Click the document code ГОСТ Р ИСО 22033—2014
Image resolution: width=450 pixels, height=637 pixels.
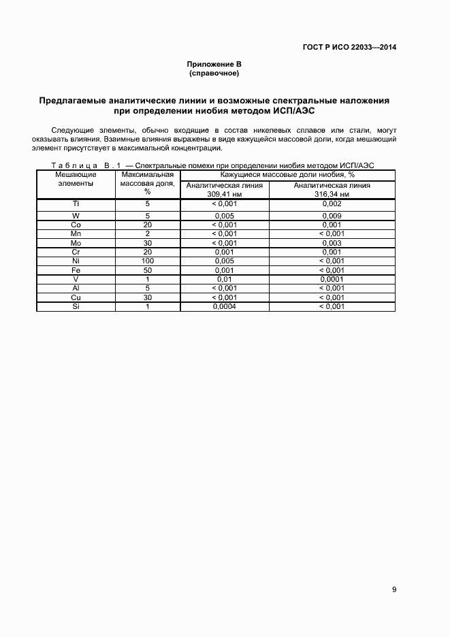pos(349,48)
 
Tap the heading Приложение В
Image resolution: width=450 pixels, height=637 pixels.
pos(214,65)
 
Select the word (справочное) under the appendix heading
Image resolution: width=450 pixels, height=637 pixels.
pos(214,73)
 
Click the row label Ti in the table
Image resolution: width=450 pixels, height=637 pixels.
pos(76,203)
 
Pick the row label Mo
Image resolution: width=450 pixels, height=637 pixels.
pos(76,243)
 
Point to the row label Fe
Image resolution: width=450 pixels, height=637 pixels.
pos(76,270)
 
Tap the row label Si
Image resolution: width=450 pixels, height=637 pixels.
pos(76,306)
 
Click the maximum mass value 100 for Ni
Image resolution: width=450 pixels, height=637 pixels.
pos(147,261)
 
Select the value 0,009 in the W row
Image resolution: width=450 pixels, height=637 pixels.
pos(332,216)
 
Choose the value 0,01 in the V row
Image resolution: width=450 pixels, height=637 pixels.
pos(224,279)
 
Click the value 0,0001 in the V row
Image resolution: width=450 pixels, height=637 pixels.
pos(332,279)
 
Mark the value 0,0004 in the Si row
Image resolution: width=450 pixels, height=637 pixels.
pos(224,306)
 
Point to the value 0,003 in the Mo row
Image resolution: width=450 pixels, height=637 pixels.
pos(332,243)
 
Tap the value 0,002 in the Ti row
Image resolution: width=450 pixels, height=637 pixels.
pos(332,203)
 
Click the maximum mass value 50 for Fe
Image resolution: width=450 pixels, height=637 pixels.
pos(147,270)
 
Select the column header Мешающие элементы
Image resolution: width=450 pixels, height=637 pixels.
pos(76,179)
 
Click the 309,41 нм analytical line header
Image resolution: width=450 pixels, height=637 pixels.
pos(224,189)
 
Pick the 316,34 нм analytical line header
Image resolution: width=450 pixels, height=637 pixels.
pos(332,189)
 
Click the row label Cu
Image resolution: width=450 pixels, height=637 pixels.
pos(76,297)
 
